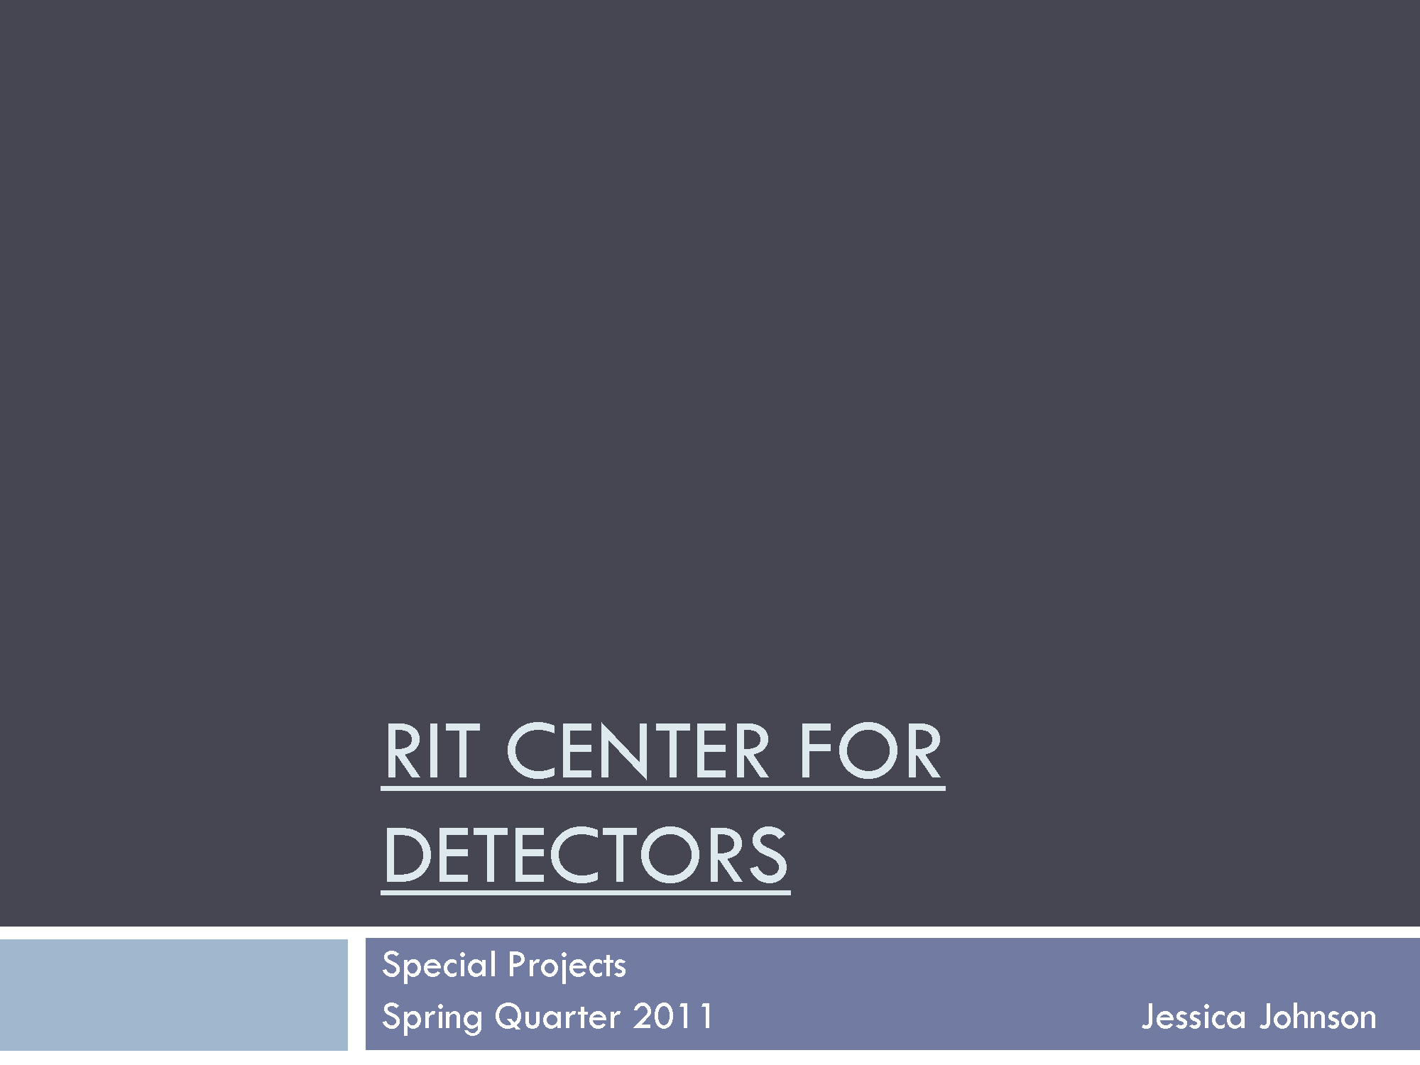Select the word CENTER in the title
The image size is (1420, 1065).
point(638,750)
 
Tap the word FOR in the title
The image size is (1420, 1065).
point(871,750)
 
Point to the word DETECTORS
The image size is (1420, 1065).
point(586,855)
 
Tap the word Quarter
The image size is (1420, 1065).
point(558,1017)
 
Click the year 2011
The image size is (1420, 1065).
point(672,1016)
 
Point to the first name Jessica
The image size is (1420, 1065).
point(1194,1017)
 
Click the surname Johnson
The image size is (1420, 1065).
point(1318,1017)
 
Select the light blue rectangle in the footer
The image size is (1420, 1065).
point(174,994)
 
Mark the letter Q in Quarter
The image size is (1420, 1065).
point(511,1017)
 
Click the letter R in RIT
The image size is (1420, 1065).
point(404,750)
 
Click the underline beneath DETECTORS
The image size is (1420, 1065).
point(586,892)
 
